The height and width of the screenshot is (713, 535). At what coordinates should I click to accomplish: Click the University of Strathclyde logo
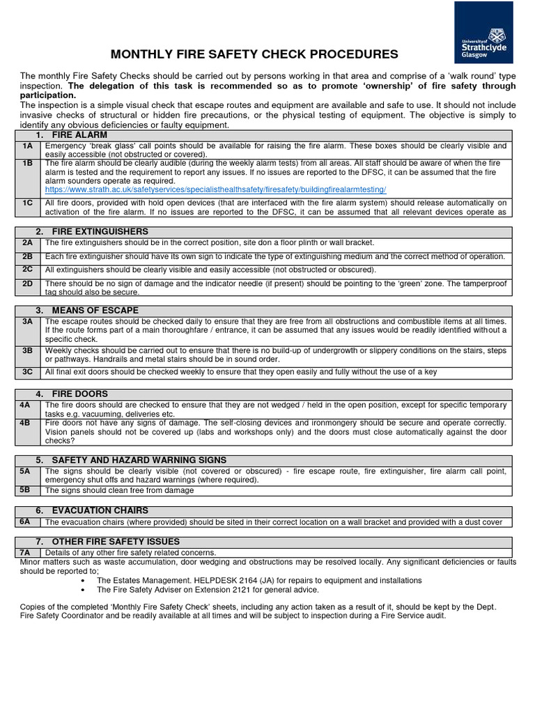pos(485,32)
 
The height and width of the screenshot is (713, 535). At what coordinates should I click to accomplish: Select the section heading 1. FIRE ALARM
pos(72,134)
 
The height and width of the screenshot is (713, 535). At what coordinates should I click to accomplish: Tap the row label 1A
pos(27,146)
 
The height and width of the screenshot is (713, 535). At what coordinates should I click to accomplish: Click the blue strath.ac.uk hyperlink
pos(215,189)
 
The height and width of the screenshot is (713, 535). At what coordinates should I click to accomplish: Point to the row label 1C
pos(27,203)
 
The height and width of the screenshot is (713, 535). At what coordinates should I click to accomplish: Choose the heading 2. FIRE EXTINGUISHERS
pos(92,231)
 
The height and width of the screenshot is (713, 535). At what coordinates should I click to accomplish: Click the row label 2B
pos(27,256)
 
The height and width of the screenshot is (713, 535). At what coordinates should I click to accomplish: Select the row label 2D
pos(27,283)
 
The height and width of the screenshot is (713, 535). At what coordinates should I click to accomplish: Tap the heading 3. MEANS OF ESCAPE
pos(87,310)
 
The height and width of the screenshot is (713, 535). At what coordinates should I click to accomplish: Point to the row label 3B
pos(27,351)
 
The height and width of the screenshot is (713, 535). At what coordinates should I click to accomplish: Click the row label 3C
pos(27,372)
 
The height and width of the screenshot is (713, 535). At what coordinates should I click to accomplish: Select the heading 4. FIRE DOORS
pos(72,393)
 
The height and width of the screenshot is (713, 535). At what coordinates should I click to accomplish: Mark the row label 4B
pos(25,423)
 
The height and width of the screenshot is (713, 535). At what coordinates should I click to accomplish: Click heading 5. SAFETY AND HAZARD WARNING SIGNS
pos(129,460)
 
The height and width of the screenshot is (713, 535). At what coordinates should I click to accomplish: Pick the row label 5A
pos(25,471)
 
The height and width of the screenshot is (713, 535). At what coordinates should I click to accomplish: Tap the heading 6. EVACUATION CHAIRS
pos(92,510)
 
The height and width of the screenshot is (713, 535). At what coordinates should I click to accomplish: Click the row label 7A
pos(25,552)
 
